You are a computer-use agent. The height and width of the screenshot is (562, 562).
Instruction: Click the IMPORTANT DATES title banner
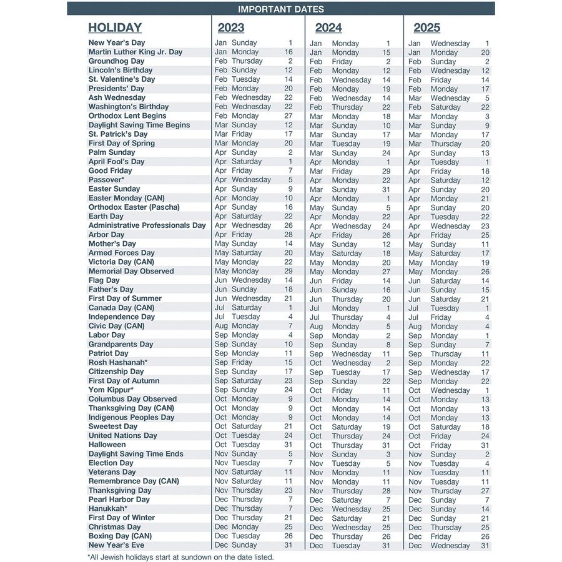(281, 9)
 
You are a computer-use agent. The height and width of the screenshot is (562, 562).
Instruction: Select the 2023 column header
(231, 27)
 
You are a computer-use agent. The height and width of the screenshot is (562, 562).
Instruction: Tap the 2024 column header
(328, 27)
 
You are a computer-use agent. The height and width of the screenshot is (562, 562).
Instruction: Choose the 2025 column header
(426, 27)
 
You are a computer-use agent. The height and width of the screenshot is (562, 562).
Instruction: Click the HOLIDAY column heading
(115, 27)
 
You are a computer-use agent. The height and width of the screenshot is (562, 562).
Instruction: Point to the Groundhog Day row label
(116, 61)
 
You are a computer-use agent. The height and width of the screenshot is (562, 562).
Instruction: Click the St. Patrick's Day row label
(118, 134)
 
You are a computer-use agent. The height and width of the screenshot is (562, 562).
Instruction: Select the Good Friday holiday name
(111, 170)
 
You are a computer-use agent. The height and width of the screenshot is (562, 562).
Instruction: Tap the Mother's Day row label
(112, 244)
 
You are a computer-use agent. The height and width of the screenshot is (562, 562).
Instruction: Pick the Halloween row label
(107, 445)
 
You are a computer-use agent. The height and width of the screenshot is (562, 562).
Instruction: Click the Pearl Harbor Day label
(119, 500)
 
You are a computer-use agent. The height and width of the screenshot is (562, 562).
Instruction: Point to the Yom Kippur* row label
(111, 390)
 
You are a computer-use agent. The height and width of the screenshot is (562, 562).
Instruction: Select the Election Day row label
(111, 463)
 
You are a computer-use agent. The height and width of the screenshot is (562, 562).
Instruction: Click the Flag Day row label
(104, 280)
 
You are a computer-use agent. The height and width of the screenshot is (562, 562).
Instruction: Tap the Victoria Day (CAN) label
(121, 262)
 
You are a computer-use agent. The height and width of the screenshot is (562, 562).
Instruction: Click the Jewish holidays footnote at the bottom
(180, 556)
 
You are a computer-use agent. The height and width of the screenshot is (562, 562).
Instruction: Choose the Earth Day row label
(106, 216)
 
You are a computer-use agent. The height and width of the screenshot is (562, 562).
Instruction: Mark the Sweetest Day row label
(112, 426)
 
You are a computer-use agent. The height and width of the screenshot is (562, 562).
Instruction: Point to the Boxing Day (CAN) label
(120, 536)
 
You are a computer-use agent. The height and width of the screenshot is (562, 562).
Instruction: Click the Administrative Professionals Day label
(147, 225)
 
